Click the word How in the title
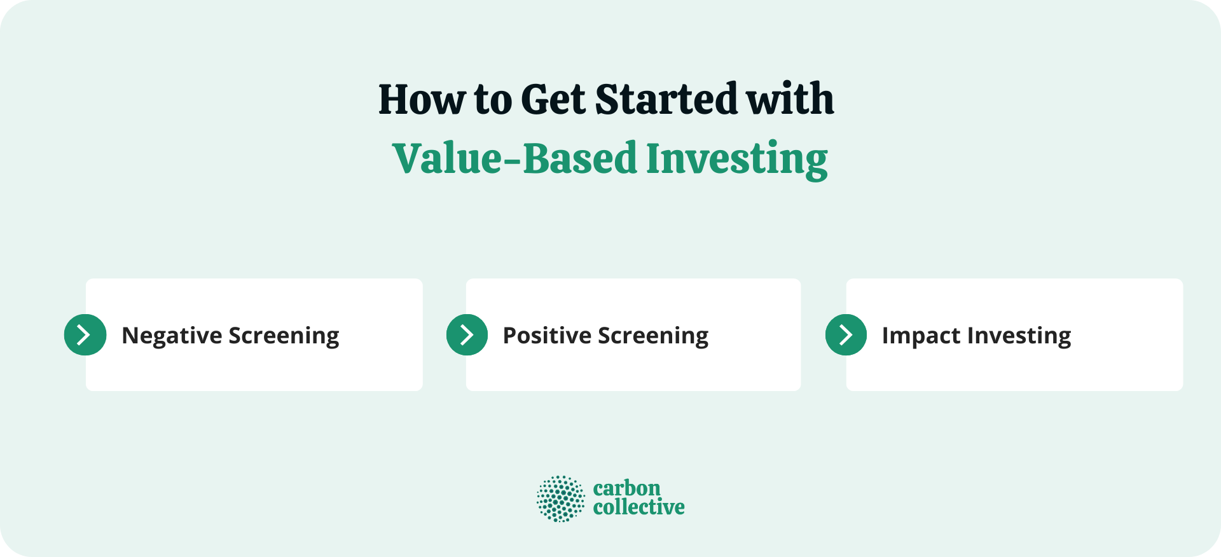(x=421, y=100)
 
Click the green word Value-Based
(x=514, y=159)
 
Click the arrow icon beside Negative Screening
(x=85, y=334)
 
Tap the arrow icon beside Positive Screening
(x=467, y=334)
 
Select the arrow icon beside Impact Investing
(x=846, y=334)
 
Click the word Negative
(x=171, y=336)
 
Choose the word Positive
(x=547, y=336)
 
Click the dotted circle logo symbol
(x=560, y=499)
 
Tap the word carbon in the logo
(x=626, y=488)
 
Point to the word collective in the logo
(x=638, y=507)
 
